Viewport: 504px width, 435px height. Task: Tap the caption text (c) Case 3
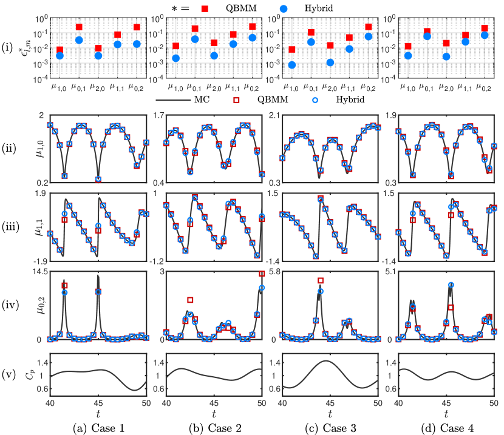[330, 427]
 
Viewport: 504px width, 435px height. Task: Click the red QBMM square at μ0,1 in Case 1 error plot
[78, 27]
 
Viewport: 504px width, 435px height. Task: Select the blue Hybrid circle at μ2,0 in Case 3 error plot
[330, 62]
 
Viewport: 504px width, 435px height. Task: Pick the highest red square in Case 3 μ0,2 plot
[321, 280]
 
